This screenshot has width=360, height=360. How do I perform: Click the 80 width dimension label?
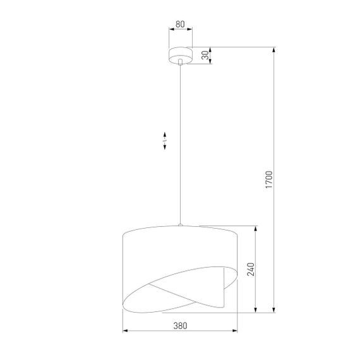[180, 25]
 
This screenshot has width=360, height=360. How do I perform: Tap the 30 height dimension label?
[204, 55]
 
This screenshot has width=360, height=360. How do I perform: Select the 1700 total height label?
[268, 180]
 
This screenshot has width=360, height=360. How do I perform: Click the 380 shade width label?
[180, 326]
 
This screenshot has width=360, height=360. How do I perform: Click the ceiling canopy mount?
[180, 55]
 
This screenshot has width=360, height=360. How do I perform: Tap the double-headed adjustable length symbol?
[165, 140]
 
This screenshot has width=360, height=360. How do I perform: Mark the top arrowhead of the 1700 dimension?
[273, 49]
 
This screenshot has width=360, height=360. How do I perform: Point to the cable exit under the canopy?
[180, 62]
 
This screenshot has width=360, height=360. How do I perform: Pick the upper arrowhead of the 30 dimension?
[210, 49]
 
